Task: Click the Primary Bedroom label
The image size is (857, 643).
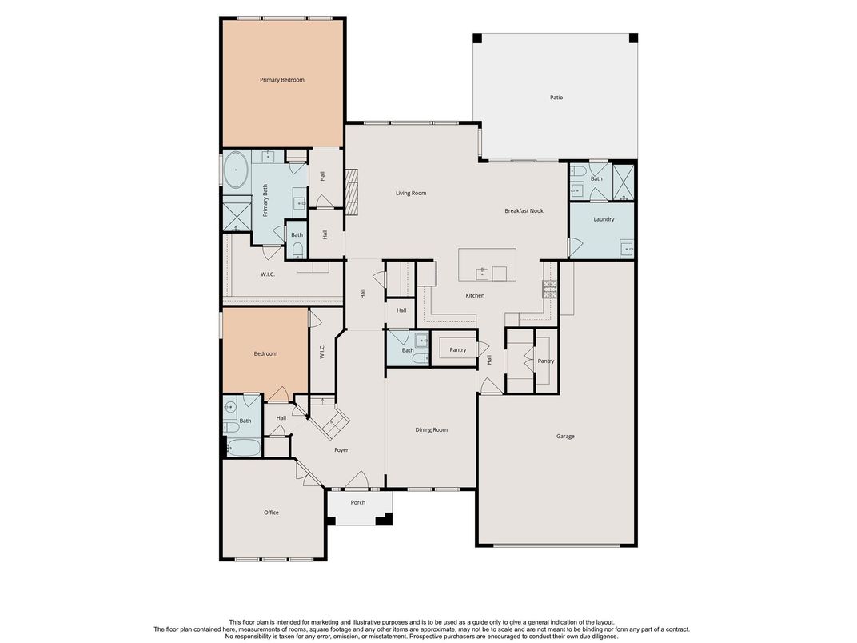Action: click(281, 80)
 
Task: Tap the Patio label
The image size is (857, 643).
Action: click(556, 98)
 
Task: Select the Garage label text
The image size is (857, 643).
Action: click(565, 436)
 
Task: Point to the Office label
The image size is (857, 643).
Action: click(271, 513)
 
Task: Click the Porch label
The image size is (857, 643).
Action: click(358, 502)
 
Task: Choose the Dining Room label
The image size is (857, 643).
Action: click(431, 430)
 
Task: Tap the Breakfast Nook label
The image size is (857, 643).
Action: click(524, 211)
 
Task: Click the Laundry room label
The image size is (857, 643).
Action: click(604, 219)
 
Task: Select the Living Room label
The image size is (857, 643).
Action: click(411, 193)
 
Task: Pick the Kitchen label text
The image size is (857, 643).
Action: click(475, 296)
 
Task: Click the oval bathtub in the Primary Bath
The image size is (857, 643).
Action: click(237, 170)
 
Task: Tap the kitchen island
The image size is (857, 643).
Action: click(486, 265)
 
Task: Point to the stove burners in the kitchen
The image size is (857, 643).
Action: click(549, 289)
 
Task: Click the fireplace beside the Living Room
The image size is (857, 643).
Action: click(352, 189)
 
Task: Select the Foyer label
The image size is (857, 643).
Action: click(341, 450)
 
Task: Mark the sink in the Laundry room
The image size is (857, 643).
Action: click(627, 249)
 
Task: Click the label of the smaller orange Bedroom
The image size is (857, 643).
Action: click(265, 353)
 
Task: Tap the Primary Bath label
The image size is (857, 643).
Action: click(265, 200)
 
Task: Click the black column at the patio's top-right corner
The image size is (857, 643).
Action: click(633, 38)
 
